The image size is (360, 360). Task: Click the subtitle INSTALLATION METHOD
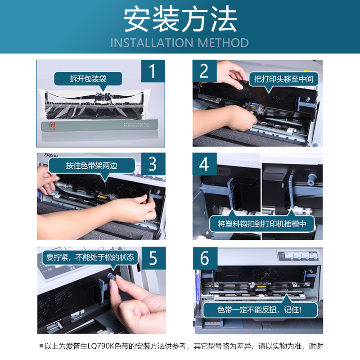pos(180,43)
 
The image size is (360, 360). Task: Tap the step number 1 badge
pos(153,72)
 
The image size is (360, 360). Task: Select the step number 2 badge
pos(204,72)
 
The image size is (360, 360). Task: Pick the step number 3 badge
pos(153,164)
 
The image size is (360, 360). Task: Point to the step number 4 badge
pos(204,164)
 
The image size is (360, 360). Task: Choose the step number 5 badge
pos(153,258)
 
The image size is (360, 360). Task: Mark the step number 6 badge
pos(204,258)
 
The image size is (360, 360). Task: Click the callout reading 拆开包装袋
pos(88,79)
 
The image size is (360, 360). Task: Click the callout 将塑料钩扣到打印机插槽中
pos(262,224)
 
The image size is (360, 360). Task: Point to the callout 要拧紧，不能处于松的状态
pos(90,257)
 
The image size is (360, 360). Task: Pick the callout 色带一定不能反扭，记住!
pos(260,310)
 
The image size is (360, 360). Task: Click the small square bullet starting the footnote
pos(42,346)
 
